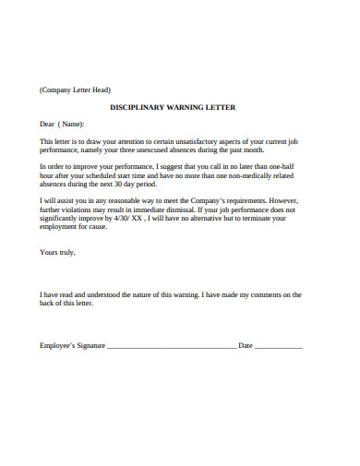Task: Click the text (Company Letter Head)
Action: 75,90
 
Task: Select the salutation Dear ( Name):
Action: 62,124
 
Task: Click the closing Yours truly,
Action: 57,251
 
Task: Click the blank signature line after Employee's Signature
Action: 172,347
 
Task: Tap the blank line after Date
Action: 278,347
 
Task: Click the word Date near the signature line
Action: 246,345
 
